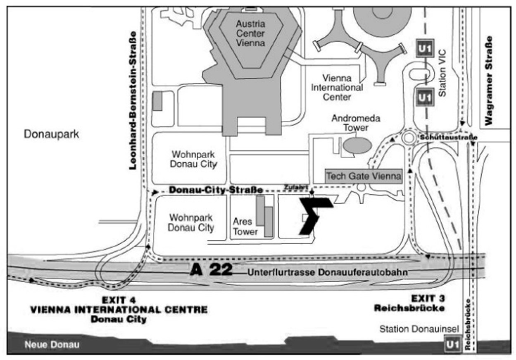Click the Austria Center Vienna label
pyautogui.click(x=250, y=33)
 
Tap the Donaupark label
pyautogui.click(x=51, y=134)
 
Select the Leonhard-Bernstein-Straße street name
pyautogui.click(x=133, y=101)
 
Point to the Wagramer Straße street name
pyautogui.click(x=489, y=81)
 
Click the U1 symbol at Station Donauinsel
pyautogui.click(x=453, y=345)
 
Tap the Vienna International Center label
pyautogui.click(x=337, y=88)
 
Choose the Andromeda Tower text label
pyautogui.click(x=356, y=123)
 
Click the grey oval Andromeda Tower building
pyautogui.click(x=357, y=145)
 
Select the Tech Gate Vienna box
pyautogui.click(x=364, y=176)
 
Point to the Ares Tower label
pyautogui.click(x=245, y=227)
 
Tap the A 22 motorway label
pyautogui.click(x=211, y=269)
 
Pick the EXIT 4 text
pyautogui.click(x=119, y=300)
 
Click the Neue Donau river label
pyautogui.click(x=52, y=345)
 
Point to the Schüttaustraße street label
pyautogui.click(x=449, y=138)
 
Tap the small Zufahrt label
pyautogui.click(x=295, y=187)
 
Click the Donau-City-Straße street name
pyautogui.click(x=216, y=190)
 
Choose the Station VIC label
pyautogui.click(x=442, y=73)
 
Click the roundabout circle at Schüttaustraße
pyautogui.click(x=409, y=133)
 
